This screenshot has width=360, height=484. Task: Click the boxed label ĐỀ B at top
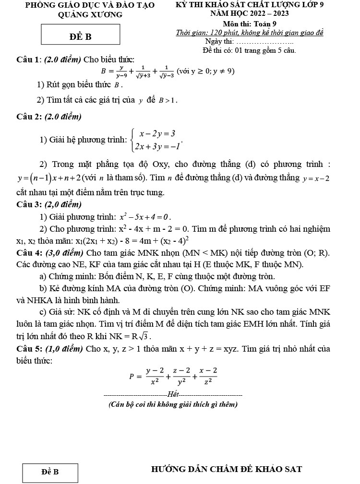pyautogui.click(x=80, y=36)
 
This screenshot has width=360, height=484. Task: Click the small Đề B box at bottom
pyautogui.click(x=50, y=472)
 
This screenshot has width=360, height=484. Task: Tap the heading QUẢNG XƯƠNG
pyautogui.click(x=90, y=14)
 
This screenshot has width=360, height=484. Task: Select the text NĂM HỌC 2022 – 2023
pyautogui.click(x=250, y=13)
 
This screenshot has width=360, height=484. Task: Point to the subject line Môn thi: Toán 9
pyautogui.click(x=250, y=24)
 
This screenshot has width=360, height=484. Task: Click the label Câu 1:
pyautogui.click(x=29, y=59)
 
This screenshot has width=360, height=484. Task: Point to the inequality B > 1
pyautogui.click(x=168, y=100)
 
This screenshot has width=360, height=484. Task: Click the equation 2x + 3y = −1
pyautogui.click(x=157, y=146)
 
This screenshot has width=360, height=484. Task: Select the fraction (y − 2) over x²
pyautogui.click(x=155, y=377)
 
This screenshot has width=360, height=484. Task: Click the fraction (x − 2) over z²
pyautogui.click(x=208, y=377)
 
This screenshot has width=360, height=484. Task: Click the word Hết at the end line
pyautogui.click(x=173, y=394)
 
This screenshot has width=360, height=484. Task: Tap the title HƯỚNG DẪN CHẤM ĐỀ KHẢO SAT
pyautogui.click(x=227, y=469)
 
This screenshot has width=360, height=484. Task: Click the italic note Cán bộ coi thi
pyautogui.click(x=173, y=404)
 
